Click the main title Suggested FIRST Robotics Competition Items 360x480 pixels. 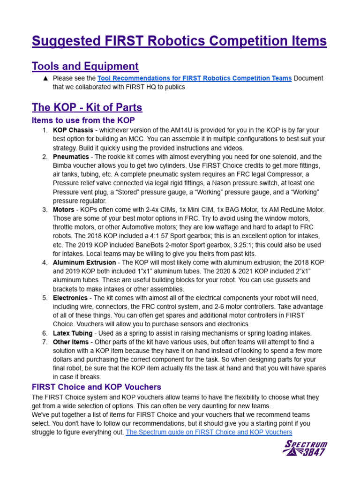pyautogui.click(x=179, y=41)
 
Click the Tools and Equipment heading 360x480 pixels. pyautogui.click(x=85, y=66)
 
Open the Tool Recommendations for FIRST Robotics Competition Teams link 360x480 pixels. pyautogui.click(x=194, y=78)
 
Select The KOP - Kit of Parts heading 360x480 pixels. pyautogui.click(x=87, y=107)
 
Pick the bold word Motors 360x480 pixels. pyautogui.click(x=63, y=210)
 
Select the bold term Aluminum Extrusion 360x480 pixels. pyautogui.click(x=84, y=262)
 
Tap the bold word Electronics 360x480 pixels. pyautogui.click(x=70, y=298)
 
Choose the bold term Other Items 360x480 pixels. pyautogui.click(x=70, y=342)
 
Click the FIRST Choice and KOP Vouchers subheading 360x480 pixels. pyautogui.click(x=96, y=387)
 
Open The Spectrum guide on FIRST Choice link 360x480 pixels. pyautogui.click(x=209, y=432)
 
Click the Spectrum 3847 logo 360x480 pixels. pyautogui.click(x=305, y=448)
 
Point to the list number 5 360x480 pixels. pyautogui.click(x=45, y=298)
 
